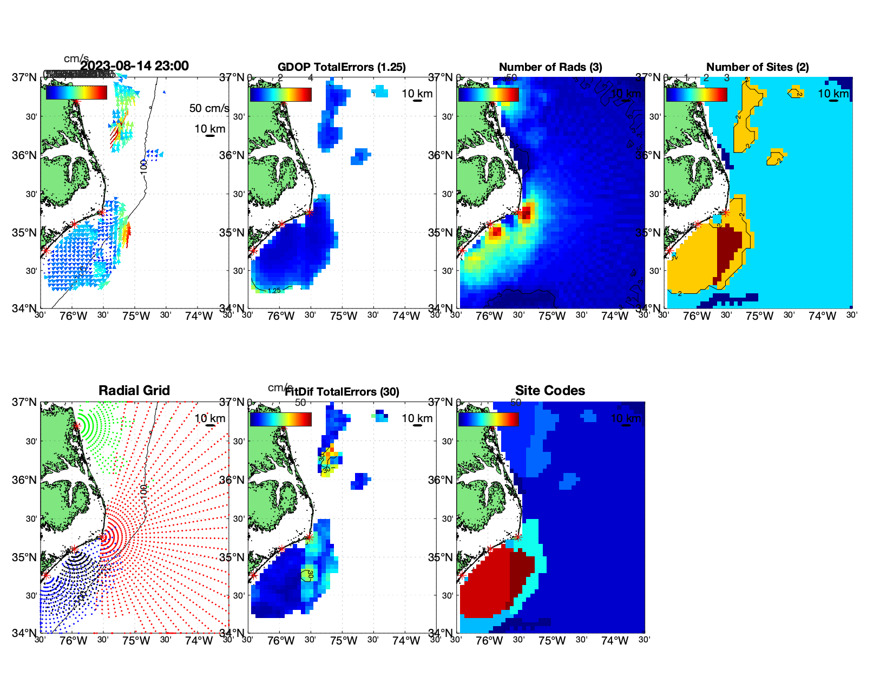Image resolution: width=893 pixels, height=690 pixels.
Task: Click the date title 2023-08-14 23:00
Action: tap(134, 66)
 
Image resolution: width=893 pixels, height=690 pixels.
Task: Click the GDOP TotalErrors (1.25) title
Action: tap(342, 67)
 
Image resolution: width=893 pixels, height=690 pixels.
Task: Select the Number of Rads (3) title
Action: tap(550, 67)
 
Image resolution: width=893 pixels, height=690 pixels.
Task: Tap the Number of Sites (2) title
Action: tap(757, 67)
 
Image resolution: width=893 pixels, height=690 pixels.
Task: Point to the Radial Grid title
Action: tap(134, 391)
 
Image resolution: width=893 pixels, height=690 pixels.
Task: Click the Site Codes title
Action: tap(550, 391)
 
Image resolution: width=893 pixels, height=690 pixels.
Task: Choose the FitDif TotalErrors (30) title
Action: tap(342, 392)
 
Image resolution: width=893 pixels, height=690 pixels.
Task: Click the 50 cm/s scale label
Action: tap(209, 108)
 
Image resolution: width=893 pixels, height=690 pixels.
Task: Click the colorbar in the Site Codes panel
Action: tap(488, 419)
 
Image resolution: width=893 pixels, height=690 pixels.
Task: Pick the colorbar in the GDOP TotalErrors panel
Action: tap(280, 94)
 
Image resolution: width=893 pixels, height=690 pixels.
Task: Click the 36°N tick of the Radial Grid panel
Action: tap(24, 480)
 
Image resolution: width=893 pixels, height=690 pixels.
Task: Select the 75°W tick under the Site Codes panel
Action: tap(552, 641)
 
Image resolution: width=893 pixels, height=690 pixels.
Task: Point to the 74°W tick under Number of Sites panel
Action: tap(822, 316)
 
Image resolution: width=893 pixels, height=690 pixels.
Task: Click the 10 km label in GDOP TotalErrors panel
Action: tap(417, 94)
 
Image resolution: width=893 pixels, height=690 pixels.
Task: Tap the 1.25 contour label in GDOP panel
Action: tap(274, 291)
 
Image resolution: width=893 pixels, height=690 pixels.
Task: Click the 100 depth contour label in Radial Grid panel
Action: tap(143, 491)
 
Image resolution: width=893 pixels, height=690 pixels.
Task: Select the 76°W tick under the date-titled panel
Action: tap(74, 316)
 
